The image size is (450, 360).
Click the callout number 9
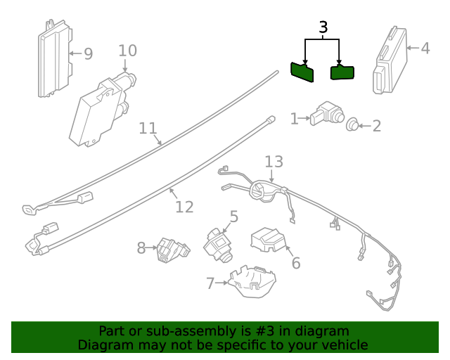click(x=88, y=54)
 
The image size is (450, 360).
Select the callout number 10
click(x=127, y=51)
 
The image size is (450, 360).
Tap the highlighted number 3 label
click(x=323, y=27)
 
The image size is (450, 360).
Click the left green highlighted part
click(x=303, y=72)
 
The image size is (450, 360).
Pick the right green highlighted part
click(x=342, y=72)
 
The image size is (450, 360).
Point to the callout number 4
click(x=425, y=49)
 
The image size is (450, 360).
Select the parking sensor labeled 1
click(x=326, y=114)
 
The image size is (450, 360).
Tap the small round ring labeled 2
click(x=352, y=125)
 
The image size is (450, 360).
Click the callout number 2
click(x=376, y=126)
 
